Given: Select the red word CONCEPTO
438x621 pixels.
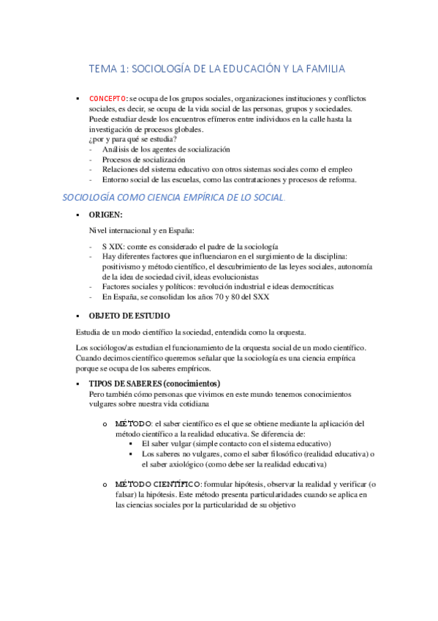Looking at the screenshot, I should tap(108, 98).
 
